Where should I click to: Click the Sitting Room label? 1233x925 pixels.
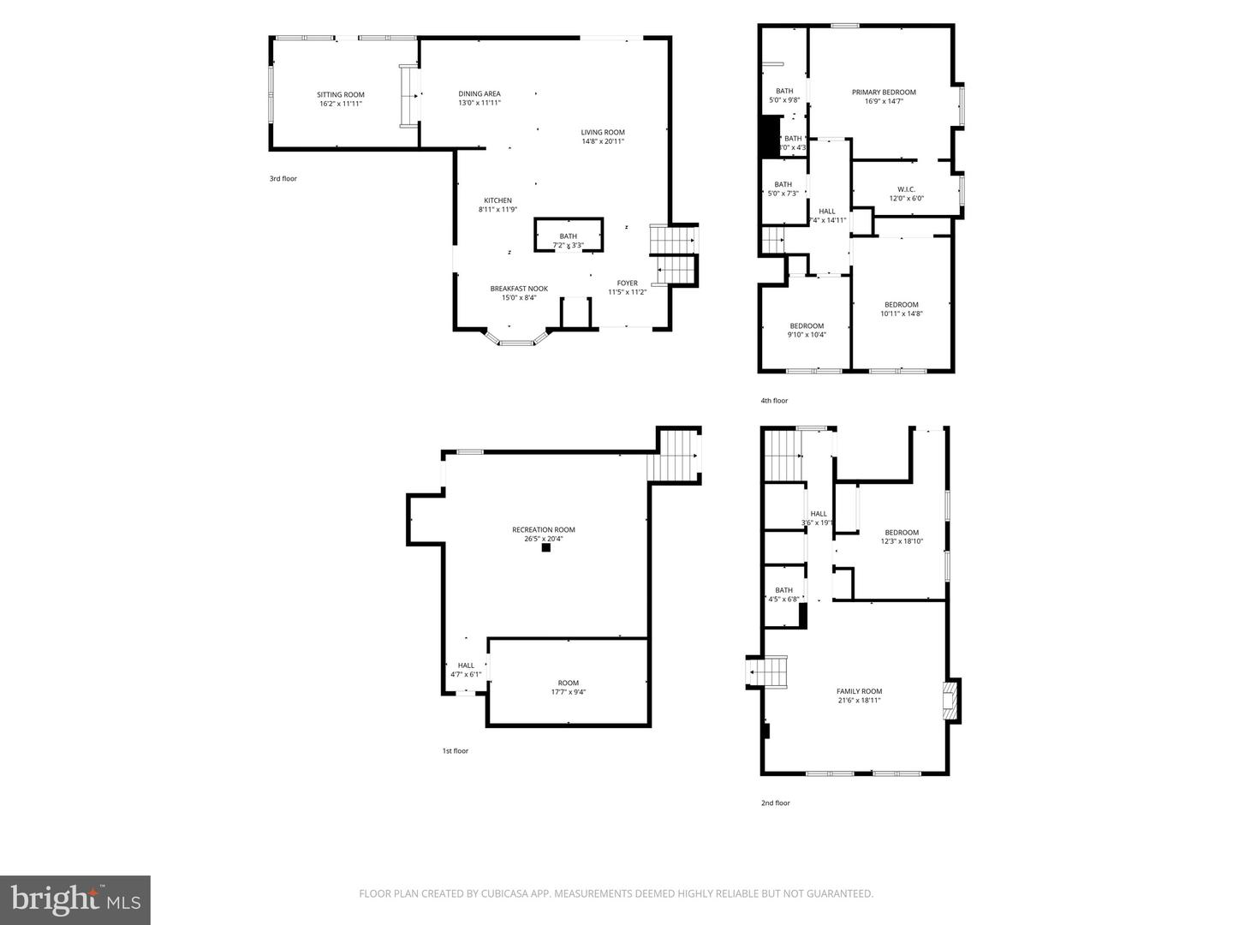[341, 95]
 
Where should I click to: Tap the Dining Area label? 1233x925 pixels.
[479, 94]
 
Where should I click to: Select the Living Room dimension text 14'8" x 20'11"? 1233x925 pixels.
[603, 141]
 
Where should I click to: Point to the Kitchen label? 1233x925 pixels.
[497, 200]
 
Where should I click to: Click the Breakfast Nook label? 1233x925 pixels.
[519, 289]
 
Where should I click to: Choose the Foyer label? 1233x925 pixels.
[628, 283]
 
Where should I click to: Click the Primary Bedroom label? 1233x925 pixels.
[884, 92]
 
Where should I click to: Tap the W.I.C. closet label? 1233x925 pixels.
[906, 189]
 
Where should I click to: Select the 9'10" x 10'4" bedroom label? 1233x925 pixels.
[807, 325]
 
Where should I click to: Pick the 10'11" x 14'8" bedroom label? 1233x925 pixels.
[902, 305]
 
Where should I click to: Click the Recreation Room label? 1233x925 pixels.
[544, 529]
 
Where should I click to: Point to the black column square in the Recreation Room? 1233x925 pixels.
[545, 549]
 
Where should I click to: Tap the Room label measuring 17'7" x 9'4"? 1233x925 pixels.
[569, 683]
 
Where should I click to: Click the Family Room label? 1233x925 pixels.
[859, 691]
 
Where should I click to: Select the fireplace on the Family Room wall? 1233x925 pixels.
[950, 699]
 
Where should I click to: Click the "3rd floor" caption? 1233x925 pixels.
[283, 179]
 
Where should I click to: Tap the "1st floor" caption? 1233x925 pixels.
[455, 751]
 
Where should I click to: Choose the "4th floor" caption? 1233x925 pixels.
[774, 401]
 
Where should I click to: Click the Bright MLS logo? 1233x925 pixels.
[75, 899]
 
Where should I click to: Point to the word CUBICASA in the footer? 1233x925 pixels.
[485, 894]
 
